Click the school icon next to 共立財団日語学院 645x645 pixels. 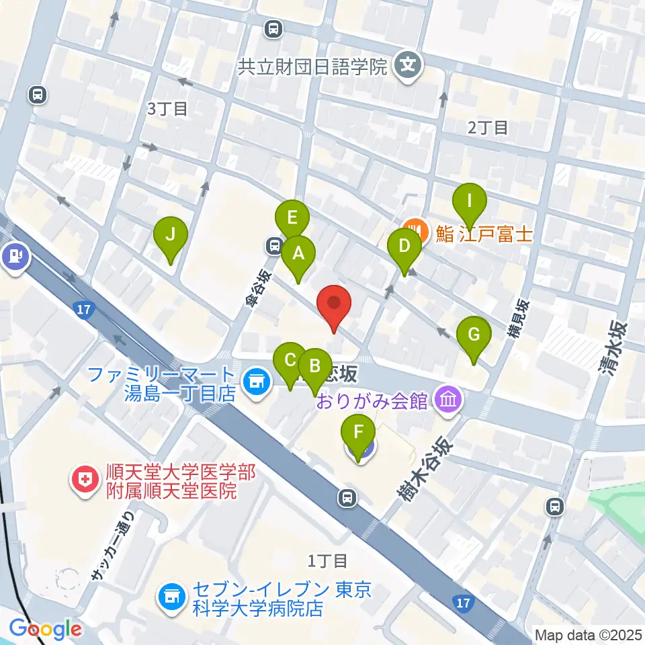tap(407, 66)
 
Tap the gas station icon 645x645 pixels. tap(15, 256)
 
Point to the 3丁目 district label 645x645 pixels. tap(168, 109)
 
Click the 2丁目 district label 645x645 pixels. tap(488, 127)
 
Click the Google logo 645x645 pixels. tap(46, 629)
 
